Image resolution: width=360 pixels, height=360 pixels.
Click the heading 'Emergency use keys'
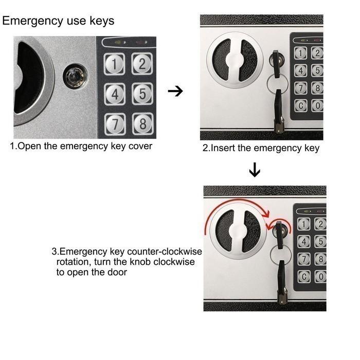[x=58, y=21]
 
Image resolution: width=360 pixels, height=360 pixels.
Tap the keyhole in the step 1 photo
[x=76, y=77]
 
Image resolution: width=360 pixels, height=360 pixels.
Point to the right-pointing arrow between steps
[x=176, y=92]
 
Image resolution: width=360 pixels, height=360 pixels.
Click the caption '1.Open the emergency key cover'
[x=81, y=146]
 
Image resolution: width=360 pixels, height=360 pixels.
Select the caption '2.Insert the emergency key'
[x=261, y=149]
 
